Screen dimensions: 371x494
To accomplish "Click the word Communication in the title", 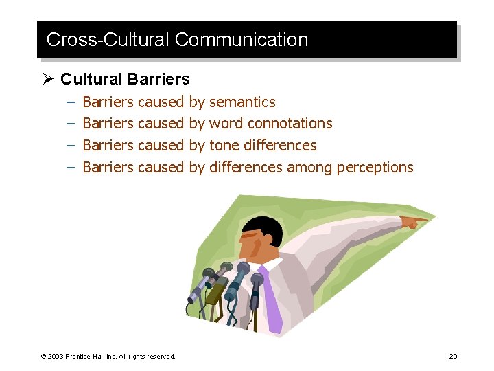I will (x=242, y=40).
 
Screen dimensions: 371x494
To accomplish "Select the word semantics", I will (x=242, y=102).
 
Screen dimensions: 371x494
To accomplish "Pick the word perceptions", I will (x=375, y=168).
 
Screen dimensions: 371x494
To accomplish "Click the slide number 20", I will (x=453, y=356).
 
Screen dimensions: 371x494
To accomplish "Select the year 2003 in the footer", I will (x=56, y=356).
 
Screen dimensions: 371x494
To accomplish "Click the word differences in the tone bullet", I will (x=281, y=146).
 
